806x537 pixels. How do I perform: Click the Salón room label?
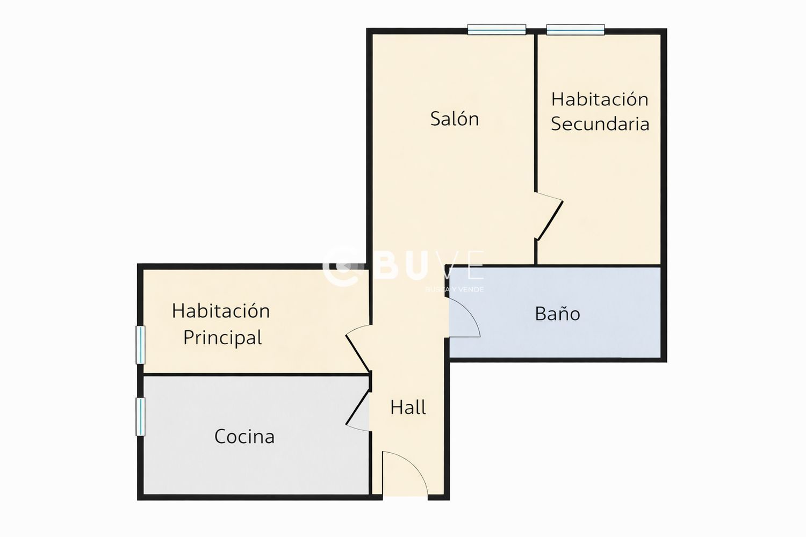pyautogui.click(x=455, y=119)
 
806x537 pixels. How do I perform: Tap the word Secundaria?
pyautogui.click(x=600, y=124)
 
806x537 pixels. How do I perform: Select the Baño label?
pyautogui.click(x=557, y=314)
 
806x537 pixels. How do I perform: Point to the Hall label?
pyautogui.click(x=408, y=408)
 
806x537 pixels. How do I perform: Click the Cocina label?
pyautogui.click(x=244, y=437)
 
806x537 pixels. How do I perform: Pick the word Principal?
pyautogui.click(x=222, y=338)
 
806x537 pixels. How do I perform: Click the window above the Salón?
pyautogui.click(x=496, y=30)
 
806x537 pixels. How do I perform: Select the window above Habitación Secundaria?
pyautogui.click(x=575, y=30)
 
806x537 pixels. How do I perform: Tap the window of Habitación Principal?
pyautogui.click(x=140, y=345)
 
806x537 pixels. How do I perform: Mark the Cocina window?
pyautogui.click(x=140, y=417)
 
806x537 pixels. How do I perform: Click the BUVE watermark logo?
pyautogui.click(x=403, y=268)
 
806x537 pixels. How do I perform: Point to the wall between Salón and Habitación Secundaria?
pyautogui.click(x=536, y=112)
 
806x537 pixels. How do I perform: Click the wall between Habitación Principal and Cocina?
pyautogui.click(x=257, y=374)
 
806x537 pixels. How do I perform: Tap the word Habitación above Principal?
pyautogui.click(x=220, y=311)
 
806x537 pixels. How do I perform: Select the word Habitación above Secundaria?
pyautogui.click(x=600, y=99)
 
